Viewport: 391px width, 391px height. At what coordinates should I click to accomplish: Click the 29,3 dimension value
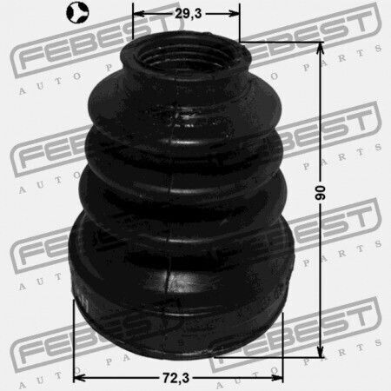point(188,14)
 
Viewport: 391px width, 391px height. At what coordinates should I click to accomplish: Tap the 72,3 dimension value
point(176,378)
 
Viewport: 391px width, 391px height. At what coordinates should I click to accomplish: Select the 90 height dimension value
point(320,193)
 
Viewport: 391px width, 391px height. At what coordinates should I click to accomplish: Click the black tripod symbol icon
point(78,12)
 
